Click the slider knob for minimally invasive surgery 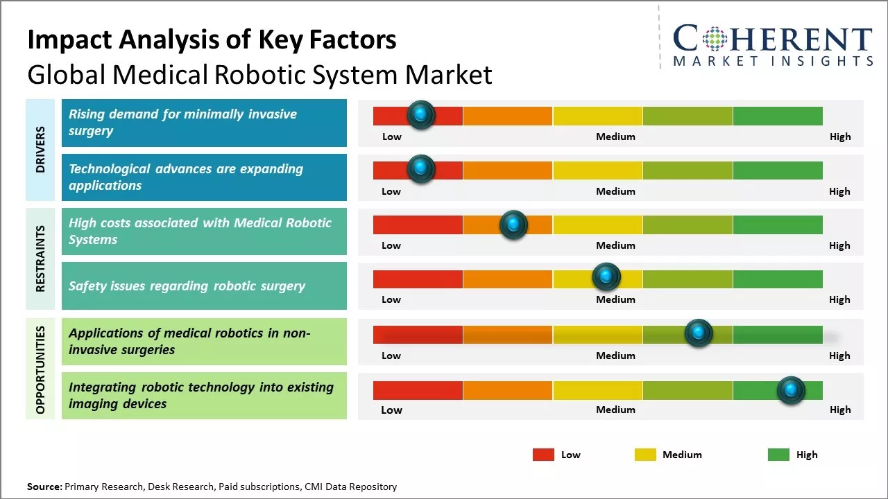(x=421, y=115)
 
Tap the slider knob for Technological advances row (x=420, y=169)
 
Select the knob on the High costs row (x=513, y=224)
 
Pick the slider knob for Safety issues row (x=606, y=277)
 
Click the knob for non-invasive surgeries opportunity (x=699, y=333)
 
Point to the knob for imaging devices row (x=791, y=390)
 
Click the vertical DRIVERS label (x=40, y=149)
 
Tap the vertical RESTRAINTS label (x=40, y=259)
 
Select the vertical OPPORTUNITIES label (x=40, y=369)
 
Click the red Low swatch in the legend (x=543, y=455)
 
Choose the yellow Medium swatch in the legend (x=645, y=455)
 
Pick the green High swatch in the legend (x=778, y=455)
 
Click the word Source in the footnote (x=44, y=487)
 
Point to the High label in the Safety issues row (x=839, y=299)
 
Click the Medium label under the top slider (x=615, y=137)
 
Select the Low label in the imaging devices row (x=391, y=410)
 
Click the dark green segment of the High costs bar (x=777, y=224)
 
